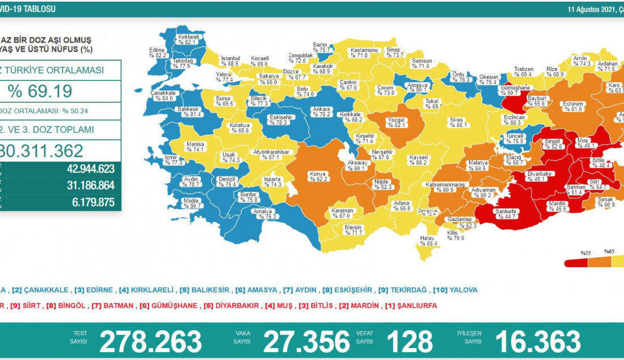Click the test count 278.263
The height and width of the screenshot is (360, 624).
[x=150, y=341]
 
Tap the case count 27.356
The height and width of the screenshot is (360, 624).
[x=306, y=341]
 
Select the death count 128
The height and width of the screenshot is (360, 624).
[x=409, y=341]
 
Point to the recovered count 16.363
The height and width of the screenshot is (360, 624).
[x=537, y=341]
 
